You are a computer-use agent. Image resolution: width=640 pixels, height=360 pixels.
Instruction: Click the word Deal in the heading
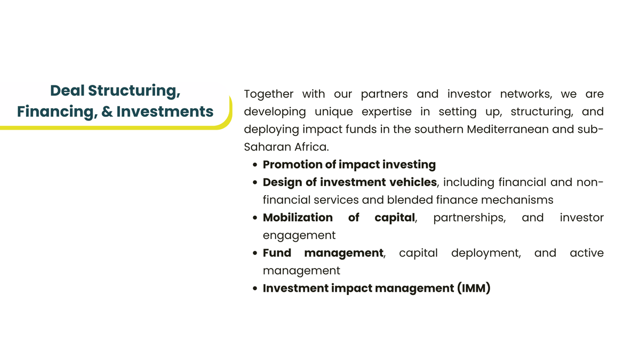(67, 91)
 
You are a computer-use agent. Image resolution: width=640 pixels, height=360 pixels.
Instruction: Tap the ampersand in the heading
(107, 111)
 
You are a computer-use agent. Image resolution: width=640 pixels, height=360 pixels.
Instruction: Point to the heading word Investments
(165, 111)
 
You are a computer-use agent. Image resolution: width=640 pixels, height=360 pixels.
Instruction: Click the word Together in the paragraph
(269, 94)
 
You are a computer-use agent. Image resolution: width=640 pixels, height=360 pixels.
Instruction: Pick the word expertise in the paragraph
(387, 112)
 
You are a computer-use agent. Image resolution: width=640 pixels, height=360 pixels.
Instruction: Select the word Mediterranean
(507, 130)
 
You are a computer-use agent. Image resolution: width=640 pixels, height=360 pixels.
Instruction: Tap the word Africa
(311, 147)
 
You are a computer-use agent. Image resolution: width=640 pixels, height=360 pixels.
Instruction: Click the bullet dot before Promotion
(255, 165)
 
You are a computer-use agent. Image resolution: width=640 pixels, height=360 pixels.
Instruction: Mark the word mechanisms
(517, 200)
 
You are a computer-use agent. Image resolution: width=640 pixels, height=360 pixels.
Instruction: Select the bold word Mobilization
(298, 218)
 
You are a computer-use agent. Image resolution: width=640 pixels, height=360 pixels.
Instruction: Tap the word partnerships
(469, 218)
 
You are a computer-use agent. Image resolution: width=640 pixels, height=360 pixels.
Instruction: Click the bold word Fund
(277, 253)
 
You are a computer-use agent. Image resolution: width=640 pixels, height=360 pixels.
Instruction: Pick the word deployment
(486, 254)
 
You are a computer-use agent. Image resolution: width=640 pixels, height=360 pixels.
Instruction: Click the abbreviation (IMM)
(474, 289)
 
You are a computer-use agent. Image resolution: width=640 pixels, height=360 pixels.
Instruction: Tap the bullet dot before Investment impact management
(255, 289)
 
